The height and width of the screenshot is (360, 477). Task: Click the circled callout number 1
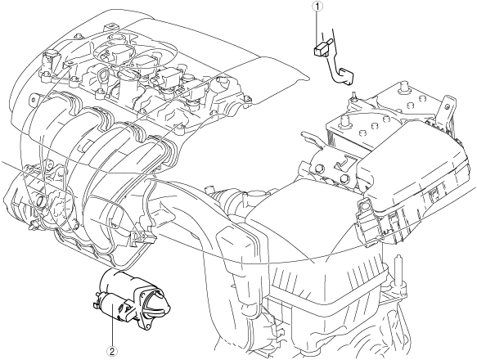[x=317, y=6]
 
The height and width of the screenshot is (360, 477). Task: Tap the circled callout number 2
[x=112, y=352]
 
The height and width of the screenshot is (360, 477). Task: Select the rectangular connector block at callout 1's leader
[x=320, y=50]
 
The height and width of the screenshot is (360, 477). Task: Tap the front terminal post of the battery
[x=345, y=121]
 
